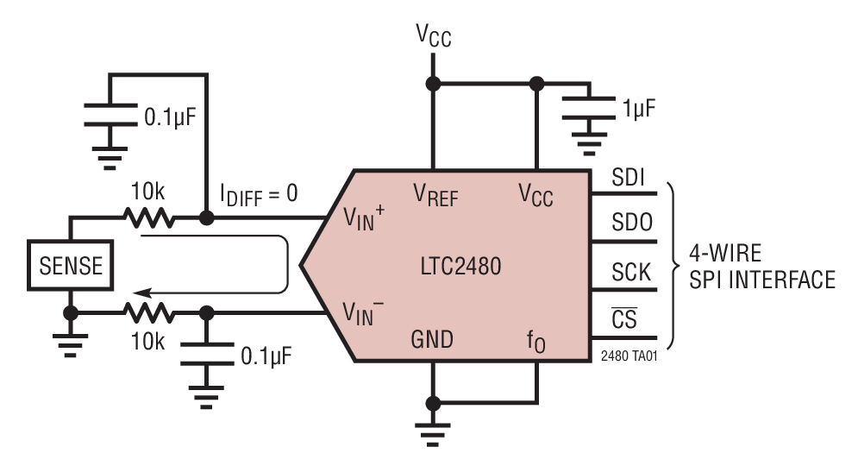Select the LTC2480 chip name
pos(454,268)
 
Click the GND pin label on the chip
pos(433,339)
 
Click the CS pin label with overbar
pos(623,319)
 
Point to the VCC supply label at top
pos(433,36)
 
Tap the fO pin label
pos(537,341)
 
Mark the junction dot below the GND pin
pos(433,402)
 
